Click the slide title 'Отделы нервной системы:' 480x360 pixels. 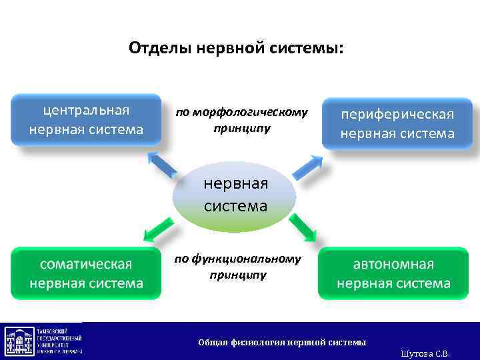coord(237,49)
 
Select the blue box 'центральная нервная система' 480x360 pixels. coord(86,119)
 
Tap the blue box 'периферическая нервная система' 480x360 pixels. coord(397,123)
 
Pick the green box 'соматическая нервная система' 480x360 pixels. coord(86,273)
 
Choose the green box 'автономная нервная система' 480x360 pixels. coord(393,273)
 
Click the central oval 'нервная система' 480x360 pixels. coord(235,195)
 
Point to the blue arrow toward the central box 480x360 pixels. coord(162,164)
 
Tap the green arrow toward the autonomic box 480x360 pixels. coord(303,227)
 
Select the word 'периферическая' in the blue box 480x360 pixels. coord(397,114)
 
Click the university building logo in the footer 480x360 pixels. coord(17,341)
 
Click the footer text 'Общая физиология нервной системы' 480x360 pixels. coord(282,343)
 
